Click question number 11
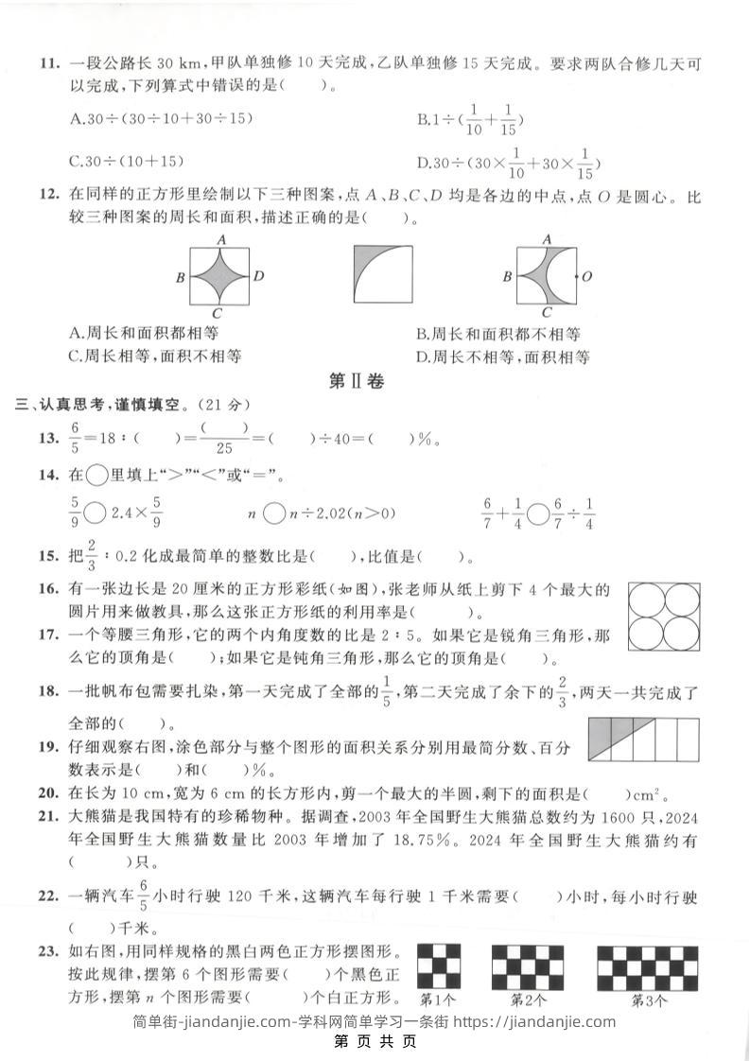49,64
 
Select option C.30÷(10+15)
127,161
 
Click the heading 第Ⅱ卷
356,381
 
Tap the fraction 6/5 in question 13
76,438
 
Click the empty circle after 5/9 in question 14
96,513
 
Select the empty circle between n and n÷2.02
272,513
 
